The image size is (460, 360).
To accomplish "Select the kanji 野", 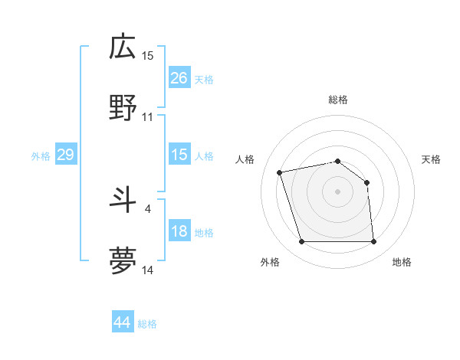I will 123,109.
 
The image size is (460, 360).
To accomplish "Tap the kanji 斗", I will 123,200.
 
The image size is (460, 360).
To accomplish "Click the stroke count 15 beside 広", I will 148,55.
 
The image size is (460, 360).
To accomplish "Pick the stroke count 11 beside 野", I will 148,117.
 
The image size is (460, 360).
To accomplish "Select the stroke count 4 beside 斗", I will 147,208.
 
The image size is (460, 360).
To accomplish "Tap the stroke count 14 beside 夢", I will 148,270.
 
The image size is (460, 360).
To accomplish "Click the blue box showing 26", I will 179,77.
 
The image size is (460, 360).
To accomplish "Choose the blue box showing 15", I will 179,155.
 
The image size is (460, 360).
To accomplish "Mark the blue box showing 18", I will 179,231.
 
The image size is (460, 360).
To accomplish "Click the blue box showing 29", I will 65,155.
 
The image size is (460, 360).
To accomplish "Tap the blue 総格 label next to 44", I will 147,324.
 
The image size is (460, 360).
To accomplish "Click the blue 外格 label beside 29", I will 41,156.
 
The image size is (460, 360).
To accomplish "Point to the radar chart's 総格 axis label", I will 337,100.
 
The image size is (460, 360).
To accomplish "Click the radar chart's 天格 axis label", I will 431,159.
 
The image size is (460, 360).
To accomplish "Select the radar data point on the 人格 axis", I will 280,172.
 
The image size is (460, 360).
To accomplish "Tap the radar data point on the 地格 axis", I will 373,242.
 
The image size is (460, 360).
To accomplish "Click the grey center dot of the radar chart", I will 337,191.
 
